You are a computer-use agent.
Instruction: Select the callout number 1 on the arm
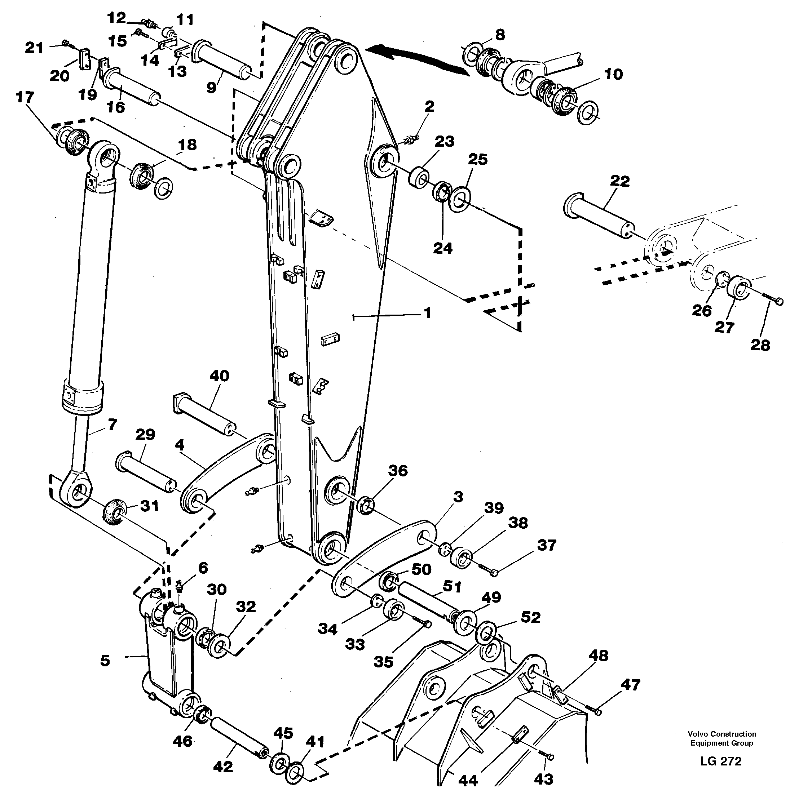pos(428,313)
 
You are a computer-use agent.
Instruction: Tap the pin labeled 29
pos(146,473)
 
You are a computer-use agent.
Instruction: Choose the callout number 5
pos(105,661)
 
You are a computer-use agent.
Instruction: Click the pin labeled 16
pos(132,88)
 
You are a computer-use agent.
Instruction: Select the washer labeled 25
pos(460,199)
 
